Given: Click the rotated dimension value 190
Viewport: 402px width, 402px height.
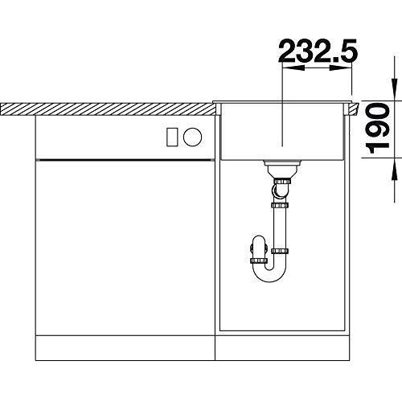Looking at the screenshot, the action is click(377, 128).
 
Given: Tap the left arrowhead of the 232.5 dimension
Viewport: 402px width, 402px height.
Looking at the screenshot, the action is click(293, 68).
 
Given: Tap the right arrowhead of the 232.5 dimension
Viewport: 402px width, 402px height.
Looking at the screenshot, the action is click(340, 68).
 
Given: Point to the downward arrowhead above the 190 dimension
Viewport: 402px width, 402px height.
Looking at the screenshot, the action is click(394, 89).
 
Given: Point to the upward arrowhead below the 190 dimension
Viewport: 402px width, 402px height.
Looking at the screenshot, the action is click(394, 170).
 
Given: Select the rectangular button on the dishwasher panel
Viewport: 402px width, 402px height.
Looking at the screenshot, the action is click(172, 137).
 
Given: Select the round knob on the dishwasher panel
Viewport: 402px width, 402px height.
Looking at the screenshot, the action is click(192, 137).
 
